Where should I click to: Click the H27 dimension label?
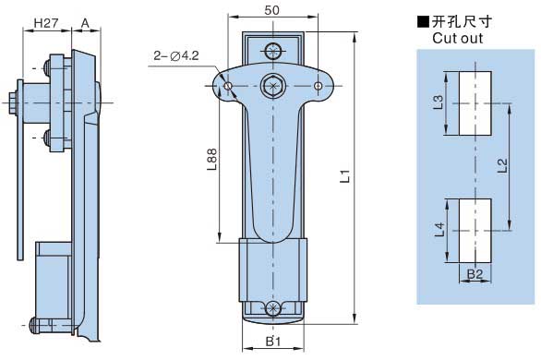click(46, 23)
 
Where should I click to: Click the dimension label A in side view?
click(85, 23)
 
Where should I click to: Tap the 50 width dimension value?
click(271, 10)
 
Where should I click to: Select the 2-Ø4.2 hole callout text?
click(176, 55)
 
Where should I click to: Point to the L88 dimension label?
click(211, 160)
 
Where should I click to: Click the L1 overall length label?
click(345, 176)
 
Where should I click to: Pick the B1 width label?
click(273, 342)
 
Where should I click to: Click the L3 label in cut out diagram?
click(438, 102)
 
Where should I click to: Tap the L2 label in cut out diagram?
click(502, 165)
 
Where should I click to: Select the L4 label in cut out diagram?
click(439, 230)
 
